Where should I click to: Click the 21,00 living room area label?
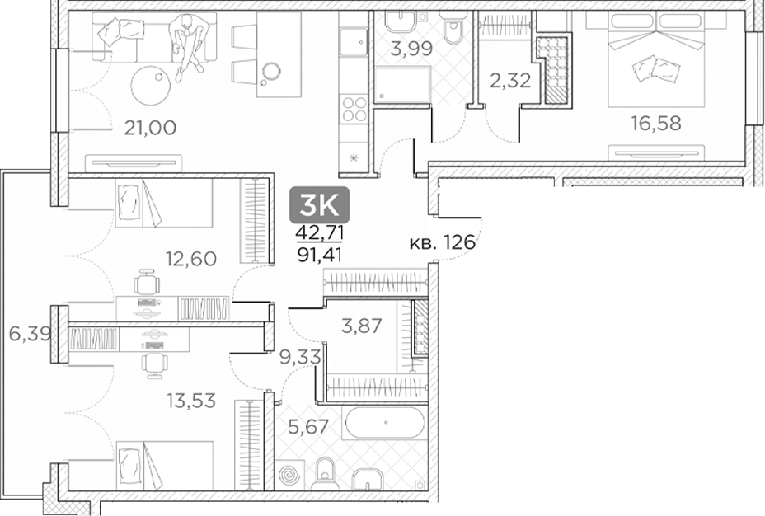pyautogui.click(x=149, y=127)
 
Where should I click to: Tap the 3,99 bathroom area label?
pyautogui.click(x=410, y=49)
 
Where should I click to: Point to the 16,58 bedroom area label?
pyautogui.click(x=657, y=124)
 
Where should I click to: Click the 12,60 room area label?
pyautogui.click(x=190, y=259)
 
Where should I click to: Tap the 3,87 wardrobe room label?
pyautogui.click(x=361, y=326)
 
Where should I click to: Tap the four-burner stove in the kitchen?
pyautogui.click(x=354, y=110)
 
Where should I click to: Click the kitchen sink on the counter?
pyautogui.click(x=354, y=41)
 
